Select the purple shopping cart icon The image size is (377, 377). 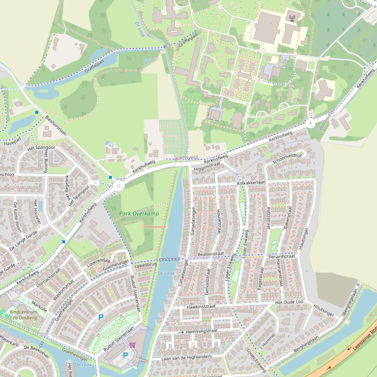tap(132, 344)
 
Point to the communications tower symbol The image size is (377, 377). tap(293, 19)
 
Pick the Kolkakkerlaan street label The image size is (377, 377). tap(251, 183)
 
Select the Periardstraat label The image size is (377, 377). tap(282, 256)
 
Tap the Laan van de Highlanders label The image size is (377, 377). tap(187, 357)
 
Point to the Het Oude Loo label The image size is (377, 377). tap(290, 302)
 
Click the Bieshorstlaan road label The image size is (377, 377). tap(56, 125)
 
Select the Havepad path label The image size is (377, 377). tap(12, 144)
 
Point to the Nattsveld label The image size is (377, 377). tap(186, 157)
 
